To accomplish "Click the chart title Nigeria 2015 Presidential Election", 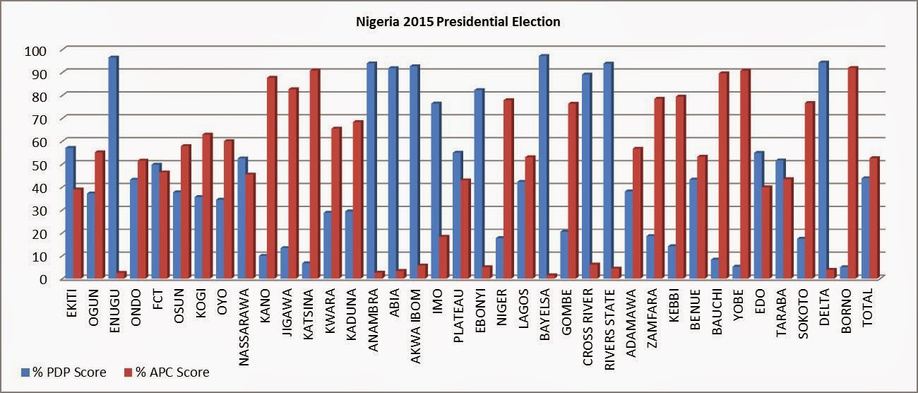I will (458, 22).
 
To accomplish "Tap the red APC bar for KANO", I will (271, 177).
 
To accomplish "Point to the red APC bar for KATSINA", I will (314, 173).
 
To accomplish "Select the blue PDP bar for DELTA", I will (822, 170).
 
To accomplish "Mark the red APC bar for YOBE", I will (744, 173).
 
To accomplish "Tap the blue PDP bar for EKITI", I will (69, 211).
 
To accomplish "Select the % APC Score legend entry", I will (167, 372).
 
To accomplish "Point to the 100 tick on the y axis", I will (35, 50).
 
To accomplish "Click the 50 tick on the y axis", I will (37, 165).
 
